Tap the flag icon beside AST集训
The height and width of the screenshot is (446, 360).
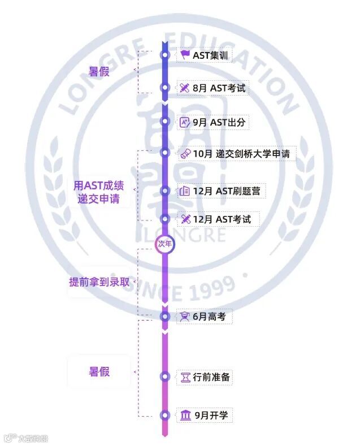[185, 55]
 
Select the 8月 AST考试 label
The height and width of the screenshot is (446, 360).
[220, 88]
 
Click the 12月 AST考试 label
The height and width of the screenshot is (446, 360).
[222, 219]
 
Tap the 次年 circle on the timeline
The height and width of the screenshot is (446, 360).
[164, 244]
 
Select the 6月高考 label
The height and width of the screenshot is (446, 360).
[209, 317]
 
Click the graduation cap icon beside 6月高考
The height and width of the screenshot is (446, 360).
[185, 317]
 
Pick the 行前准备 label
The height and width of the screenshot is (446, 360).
[211, 377]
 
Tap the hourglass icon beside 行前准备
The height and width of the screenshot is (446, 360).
[185, 377]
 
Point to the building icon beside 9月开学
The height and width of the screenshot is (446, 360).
[185, 416]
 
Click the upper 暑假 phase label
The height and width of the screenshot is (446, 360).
[99, 72]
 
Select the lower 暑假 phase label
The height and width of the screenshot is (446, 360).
[99, 371]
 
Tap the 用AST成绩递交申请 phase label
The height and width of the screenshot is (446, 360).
[99, 192]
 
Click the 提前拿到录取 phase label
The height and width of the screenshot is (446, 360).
[99, 282]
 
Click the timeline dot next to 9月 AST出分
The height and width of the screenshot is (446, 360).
[165, 122]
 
